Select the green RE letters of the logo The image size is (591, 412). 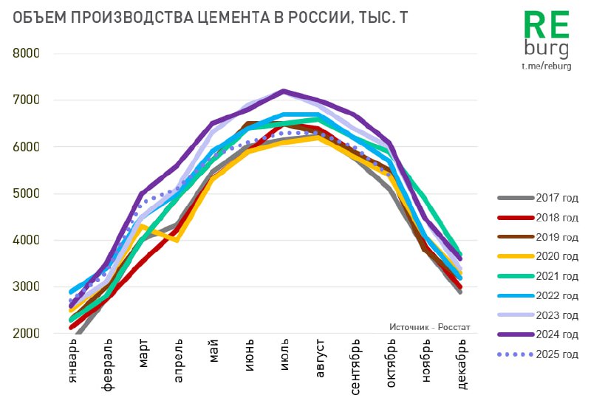click(546, 26)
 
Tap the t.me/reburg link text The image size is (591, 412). click(546, 66)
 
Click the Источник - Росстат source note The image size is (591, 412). click(429, 326)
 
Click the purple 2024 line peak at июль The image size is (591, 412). click(284, 91)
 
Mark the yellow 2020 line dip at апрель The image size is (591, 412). click(177, 240)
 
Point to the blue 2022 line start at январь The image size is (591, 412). click(72, 291)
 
